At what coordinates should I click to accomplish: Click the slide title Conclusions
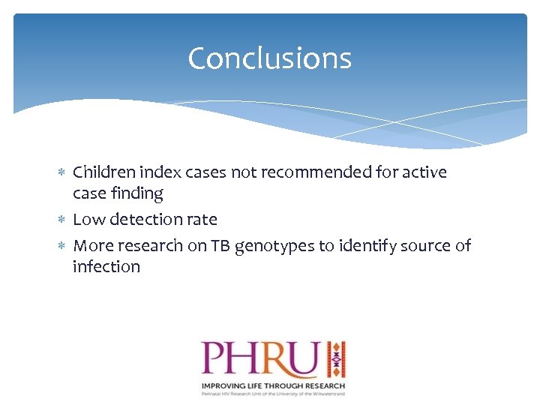[269, 58]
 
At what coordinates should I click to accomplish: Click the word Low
[88, 220]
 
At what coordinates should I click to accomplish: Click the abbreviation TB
[220, 246]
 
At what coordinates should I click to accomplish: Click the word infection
[106, 267]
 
